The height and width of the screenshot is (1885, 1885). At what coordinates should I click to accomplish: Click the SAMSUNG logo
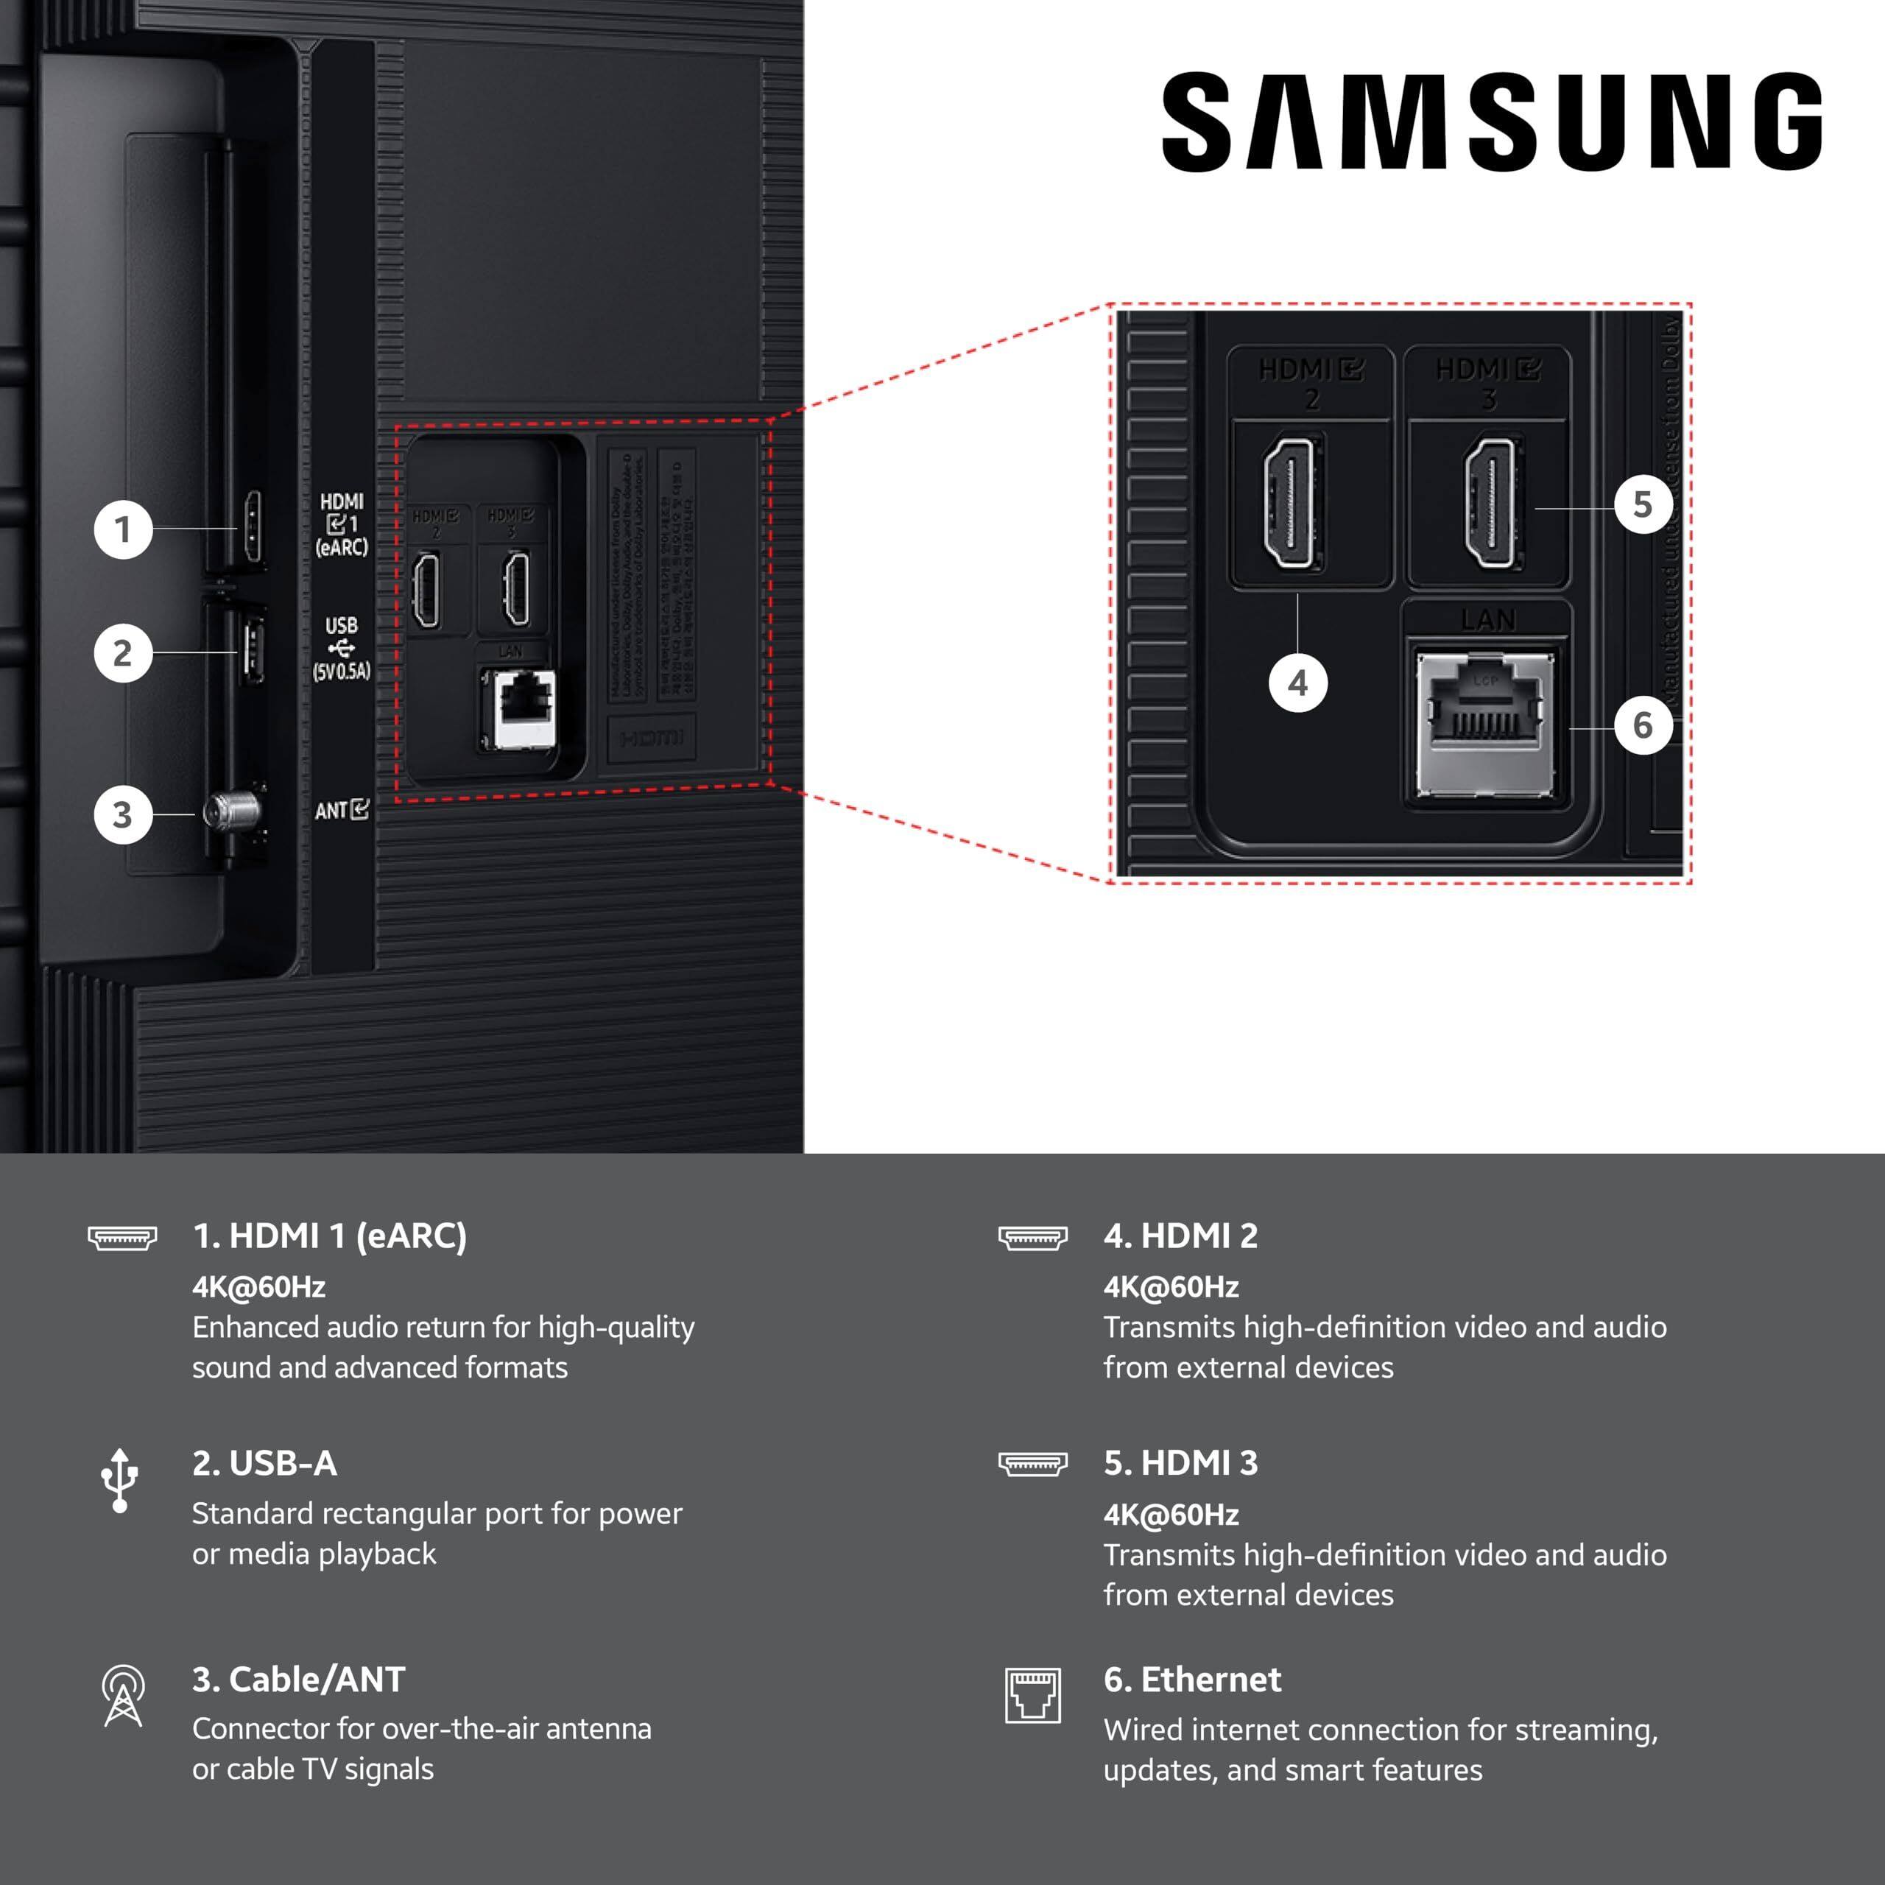click(1491, 122)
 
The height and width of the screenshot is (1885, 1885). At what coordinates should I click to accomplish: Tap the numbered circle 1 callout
click(123, 530)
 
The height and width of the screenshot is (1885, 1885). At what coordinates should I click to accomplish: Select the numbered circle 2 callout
click(123, 652)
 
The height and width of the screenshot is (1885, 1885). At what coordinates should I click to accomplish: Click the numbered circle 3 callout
click(123, 814)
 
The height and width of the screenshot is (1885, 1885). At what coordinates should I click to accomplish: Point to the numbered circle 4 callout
click(1297, 683)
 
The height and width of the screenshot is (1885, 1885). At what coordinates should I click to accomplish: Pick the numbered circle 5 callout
click(1643, 504)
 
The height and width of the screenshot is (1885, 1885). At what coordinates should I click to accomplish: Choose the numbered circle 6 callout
click(1643, 725)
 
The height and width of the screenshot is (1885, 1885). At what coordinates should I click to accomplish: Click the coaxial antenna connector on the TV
click(232, 810)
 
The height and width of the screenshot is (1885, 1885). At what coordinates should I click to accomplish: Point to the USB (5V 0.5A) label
click(342, 648)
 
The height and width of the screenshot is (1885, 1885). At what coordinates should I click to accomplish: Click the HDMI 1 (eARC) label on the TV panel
click(342, 525)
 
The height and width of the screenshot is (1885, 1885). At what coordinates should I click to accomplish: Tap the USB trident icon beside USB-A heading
click(120, 1480)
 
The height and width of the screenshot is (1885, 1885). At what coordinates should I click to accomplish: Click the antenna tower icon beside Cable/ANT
click(123, 1695)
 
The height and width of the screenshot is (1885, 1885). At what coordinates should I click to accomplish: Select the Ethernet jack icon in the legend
click(1032, 1695)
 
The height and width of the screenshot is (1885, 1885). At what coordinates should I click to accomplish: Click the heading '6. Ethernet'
click(1191, 1679)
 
